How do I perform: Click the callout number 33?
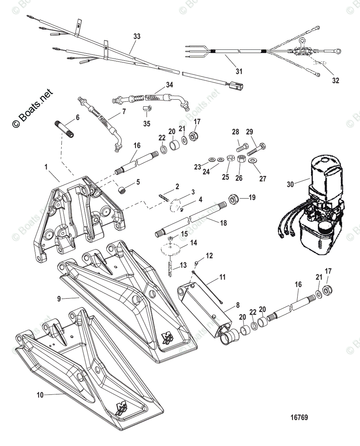click(137, 36)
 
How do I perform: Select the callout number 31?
click(239, 71)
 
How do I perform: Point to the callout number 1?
click(46, 167)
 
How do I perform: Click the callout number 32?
click(336, 80)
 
